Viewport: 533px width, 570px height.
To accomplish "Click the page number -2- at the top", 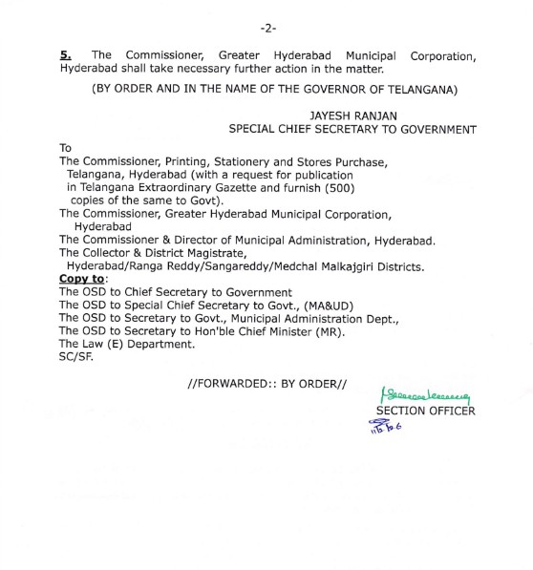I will (266, 16).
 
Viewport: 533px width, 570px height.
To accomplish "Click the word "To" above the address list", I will (65, 149).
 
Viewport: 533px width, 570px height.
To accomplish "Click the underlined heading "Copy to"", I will (83, 278).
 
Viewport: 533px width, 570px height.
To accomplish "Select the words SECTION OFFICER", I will (425, 412).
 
